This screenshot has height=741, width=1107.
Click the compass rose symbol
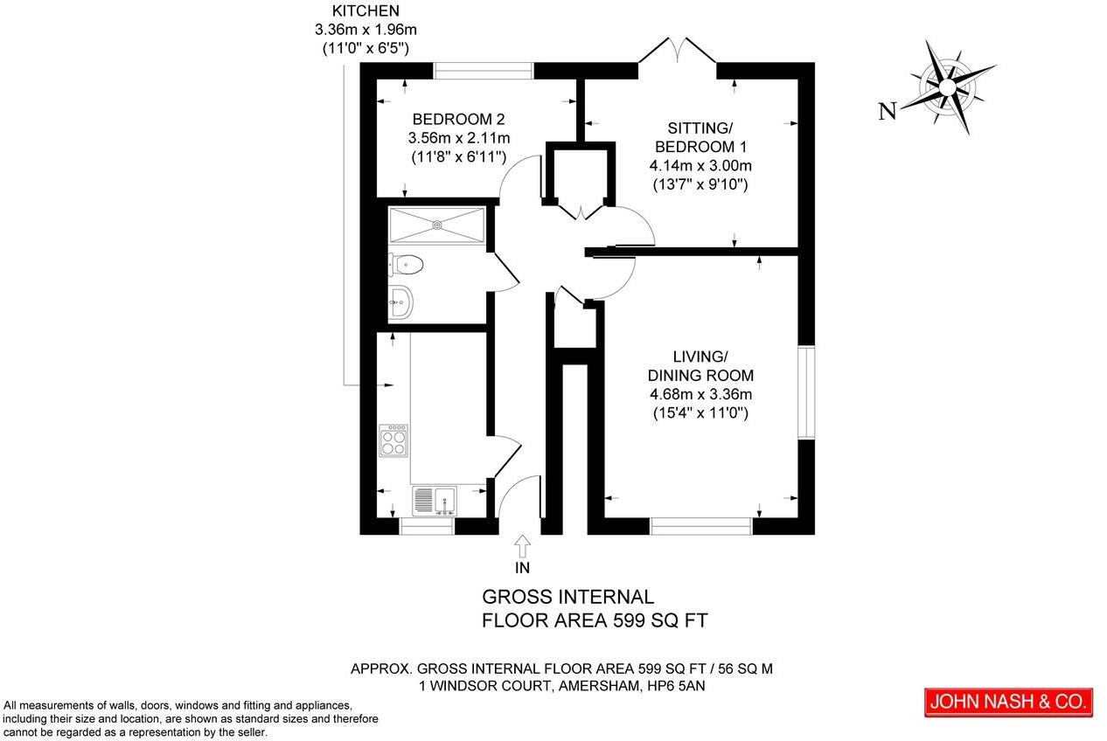[x=948, y=86]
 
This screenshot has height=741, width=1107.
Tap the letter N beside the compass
[x=888, y=111]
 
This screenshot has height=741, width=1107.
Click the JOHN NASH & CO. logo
[x=1008, y=702]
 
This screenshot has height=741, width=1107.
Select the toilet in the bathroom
[x=407, y=263]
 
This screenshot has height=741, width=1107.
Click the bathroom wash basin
[x=400, y=302]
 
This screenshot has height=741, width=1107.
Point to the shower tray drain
[x=437, y=225]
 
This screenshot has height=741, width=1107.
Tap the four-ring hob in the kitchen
[x=394, y=440]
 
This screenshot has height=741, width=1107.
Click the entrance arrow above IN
[x=523, y=546]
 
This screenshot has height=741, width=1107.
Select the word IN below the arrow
[x=523, y=568]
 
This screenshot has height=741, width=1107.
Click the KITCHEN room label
[x=366, y=11]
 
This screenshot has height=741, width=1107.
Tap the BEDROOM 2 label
[x=459, y=119]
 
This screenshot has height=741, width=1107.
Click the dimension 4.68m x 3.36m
[x=700, y=394]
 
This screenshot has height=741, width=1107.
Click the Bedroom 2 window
[x=484, y=70]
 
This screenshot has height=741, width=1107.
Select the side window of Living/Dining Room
[x=805, y=392]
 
